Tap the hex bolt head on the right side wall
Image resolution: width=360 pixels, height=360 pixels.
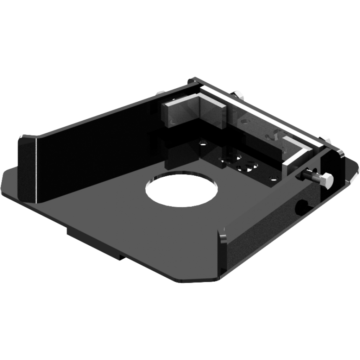click(x=326, y=181)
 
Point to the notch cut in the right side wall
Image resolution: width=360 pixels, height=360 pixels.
click(x=301, y=205)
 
